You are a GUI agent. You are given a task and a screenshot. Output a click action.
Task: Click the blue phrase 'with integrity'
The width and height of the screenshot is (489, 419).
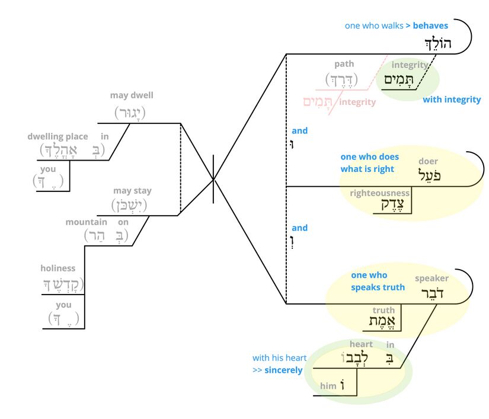(452, 100)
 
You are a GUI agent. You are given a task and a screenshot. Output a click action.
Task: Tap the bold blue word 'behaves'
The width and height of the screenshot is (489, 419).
(430, 25)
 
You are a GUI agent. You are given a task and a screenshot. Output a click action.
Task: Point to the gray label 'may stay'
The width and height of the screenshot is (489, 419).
(132, 191)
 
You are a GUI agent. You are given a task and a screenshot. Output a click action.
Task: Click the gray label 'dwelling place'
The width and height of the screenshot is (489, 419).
(57, 137)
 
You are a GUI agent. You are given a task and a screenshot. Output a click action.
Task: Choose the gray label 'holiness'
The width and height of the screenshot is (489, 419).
(58, 268)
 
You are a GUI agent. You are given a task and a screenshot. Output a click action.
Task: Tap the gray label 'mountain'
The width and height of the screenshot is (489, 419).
(87, 222)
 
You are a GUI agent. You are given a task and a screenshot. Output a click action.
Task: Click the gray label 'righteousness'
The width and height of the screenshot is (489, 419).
(380, 193)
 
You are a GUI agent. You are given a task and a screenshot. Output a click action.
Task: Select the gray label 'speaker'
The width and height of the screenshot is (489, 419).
(432, 278)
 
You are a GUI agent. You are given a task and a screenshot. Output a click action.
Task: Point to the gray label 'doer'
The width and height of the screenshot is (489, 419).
(429, 161)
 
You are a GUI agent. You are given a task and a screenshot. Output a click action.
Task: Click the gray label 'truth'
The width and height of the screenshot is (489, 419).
(383, 310)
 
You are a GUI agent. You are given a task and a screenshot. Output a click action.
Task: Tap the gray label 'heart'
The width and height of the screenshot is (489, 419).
(361, 344)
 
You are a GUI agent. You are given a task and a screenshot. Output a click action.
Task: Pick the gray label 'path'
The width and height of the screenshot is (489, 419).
(344, 64)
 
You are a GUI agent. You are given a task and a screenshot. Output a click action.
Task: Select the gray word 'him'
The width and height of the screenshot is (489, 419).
(328, 386)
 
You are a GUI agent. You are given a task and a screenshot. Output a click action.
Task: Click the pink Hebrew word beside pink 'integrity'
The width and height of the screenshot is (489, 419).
(316, 103)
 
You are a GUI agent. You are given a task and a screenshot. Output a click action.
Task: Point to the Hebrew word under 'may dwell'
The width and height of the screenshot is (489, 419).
(130, 112)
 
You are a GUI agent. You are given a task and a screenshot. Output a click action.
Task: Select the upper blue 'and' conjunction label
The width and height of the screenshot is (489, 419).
(299, 131)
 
